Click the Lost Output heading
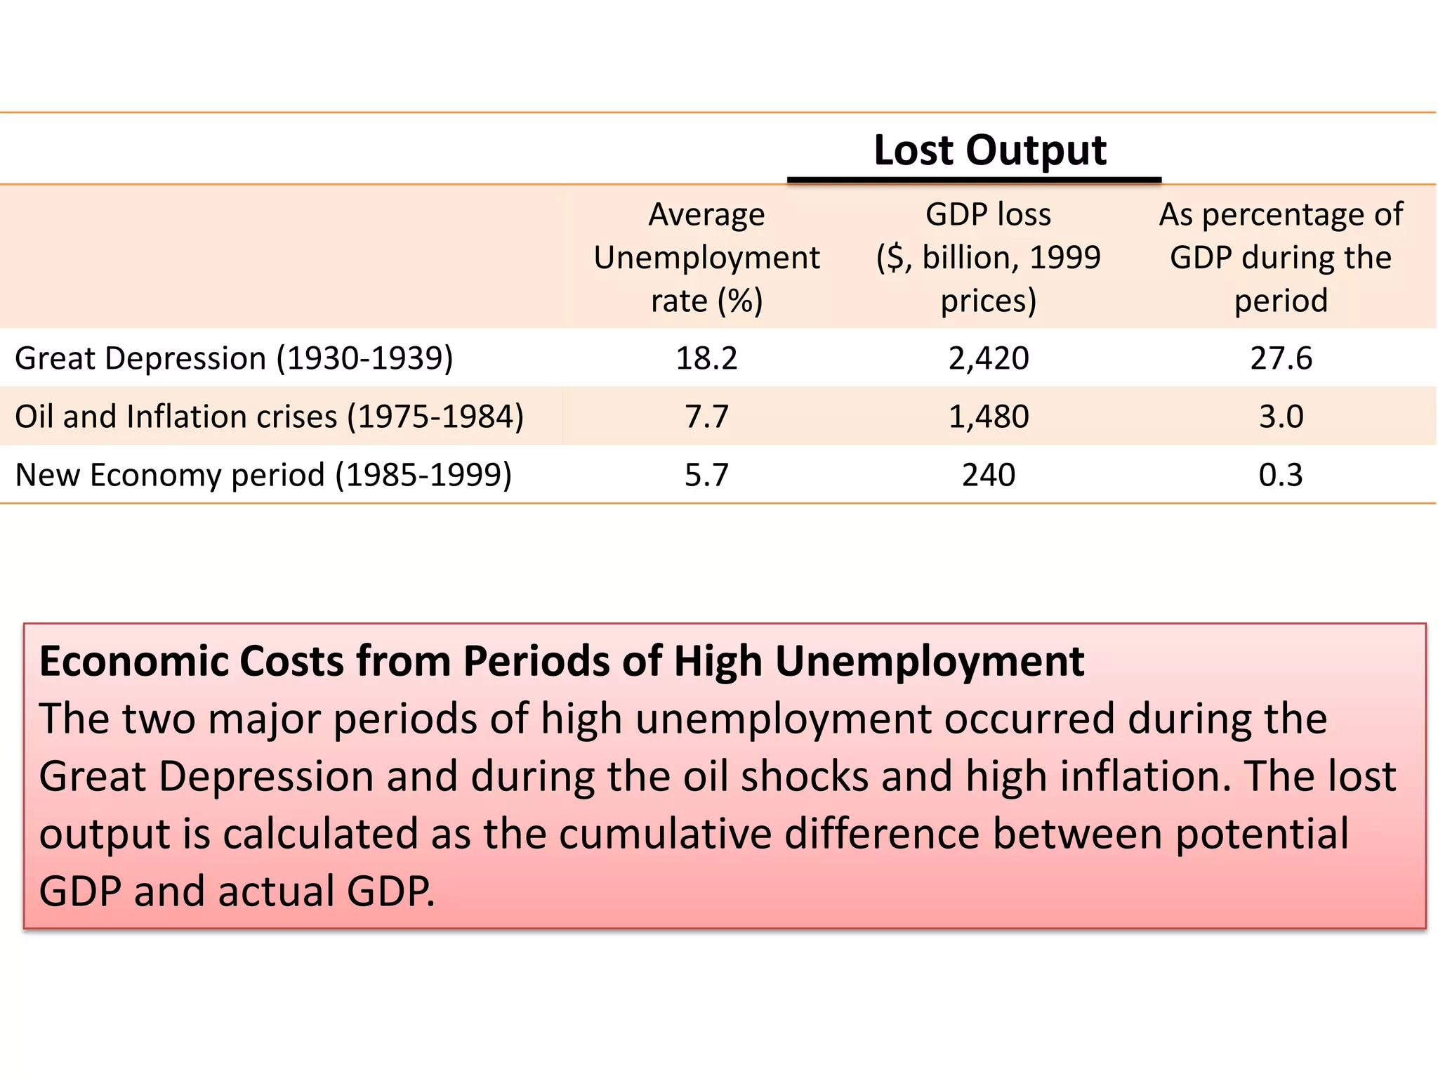coord(989,150)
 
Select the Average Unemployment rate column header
coord(706,257)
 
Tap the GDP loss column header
coord(988,257)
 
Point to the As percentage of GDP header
coord(1281,257)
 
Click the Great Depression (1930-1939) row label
coord(234,358)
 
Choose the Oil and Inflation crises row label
coord(269,417)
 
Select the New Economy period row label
coord(263,475)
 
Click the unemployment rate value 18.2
coord(706,358)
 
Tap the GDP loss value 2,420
coord(988,358)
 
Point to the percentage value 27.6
coord(1281,358)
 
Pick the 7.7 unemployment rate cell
coord(706,417)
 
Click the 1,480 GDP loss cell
coord(988,417)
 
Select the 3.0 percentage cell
coord(1281,417)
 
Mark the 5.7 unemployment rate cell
coord(706,475)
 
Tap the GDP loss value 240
coord(988,475)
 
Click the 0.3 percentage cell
coord(1281,475)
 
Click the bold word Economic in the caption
coord(133,662)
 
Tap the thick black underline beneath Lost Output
coord(974,181)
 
